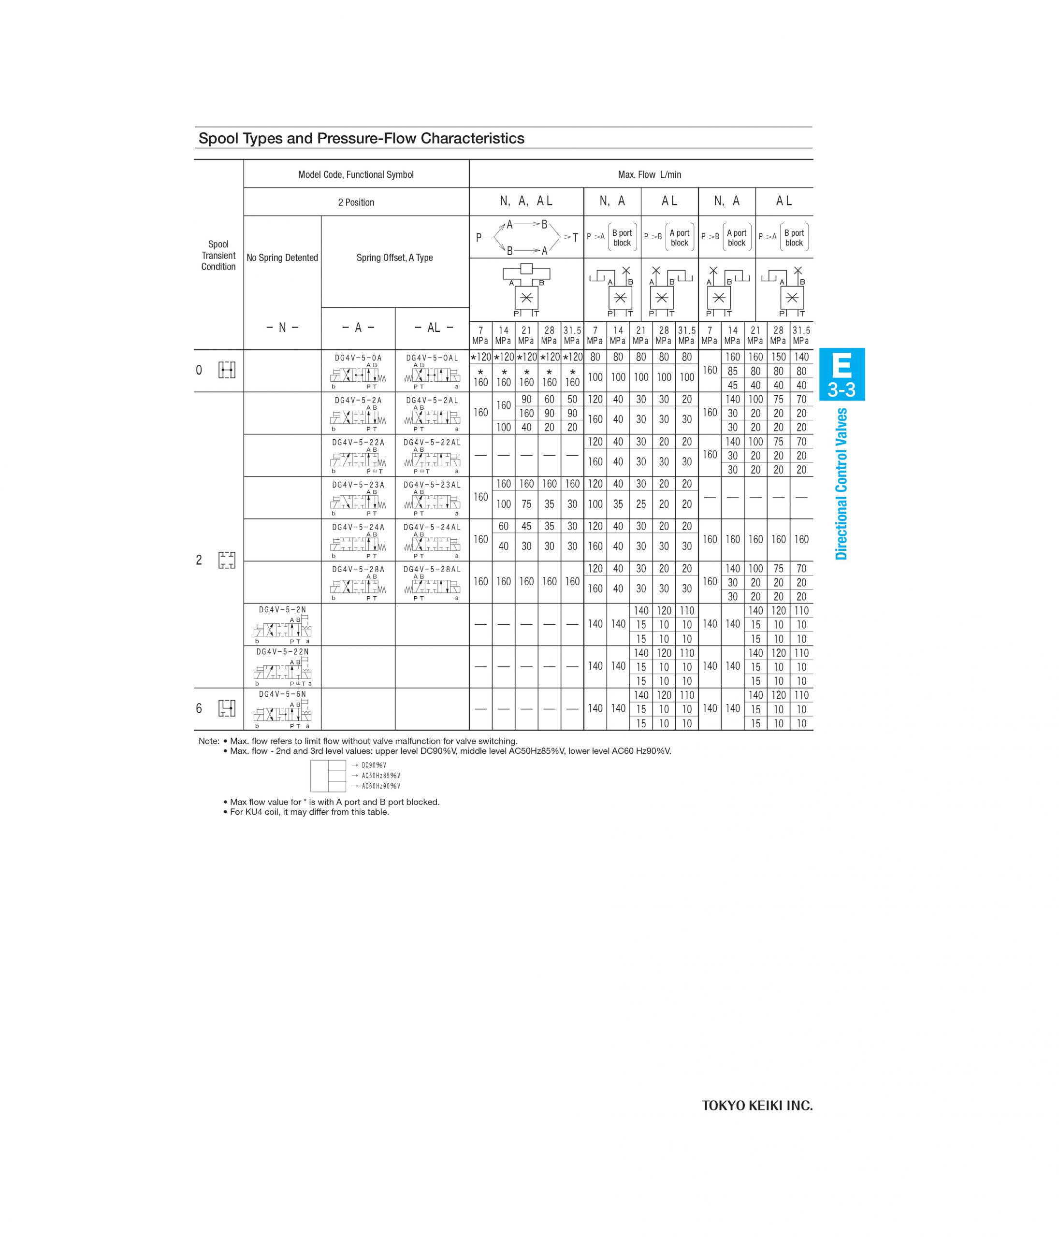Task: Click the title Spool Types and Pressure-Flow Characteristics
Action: [x=362, y=139]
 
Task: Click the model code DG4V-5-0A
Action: [x=358, y=358]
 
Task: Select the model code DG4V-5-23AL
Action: [x=432, y=485]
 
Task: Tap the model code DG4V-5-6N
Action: [x=282, y=694]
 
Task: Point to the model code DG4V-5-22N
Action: [x=282, y=652]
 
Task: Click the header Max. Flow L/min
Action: [x=649, y=174]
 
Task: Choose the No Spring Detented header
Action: [x=282, y=258]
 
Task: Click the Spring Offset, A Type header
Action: [x=394, y=258]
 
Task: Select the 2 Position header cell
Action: [x=356, y=202]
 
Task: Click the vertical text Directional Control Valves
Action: [x=841, y=484]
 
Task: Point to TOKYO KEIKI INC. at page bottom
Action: [x=757, y=1106]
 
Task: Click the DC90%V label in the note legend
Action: [x=374, y=765]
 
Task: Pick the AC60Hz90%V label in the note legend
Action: [x=380, y=786]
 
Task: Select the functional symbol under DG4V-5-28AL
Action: [x=432, y=586]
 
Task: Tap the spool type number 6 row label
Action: [x=199, y=709]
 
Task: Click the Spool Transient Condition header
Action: [x=218, y=256]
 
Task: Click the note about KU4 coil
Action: [x=309, y=812]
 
